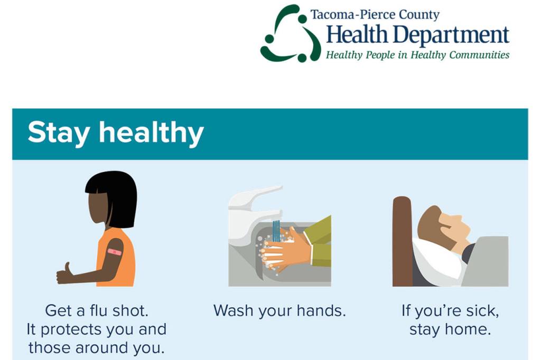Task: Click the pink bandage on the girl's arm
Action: tap(115, 252)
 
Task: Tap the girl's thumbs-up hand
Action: tap(65, 273)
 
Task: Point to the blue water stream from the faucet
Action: tap(276, 231)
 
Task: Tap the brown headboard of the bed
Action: tap(402, 241)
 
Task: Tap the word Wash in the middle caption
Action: tap(234, 310)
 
